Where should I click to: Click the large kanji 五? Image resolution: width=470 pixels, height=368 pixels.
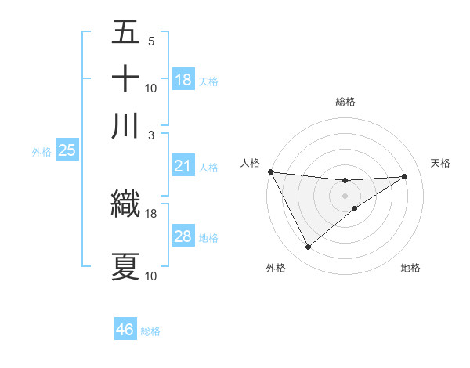[x=126, y=33]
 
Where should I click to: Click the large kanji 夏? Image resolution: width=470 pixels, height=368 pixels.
[x=126, y=267]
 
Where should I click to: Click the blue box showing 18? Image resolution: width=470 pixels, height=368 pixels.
[x=183, y=80]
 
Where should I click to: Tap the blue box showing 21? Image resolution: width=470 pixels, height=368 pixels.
[x=183, y=166]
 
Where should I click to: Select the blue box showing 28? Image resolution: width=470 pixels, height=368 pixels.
[x=183, y=236]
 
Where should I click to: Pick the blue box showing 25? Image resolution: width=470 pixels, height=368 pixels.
[x=67, y=150]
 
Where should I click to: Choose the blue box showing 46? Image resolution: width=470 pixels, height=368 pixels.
[x=125, y=330]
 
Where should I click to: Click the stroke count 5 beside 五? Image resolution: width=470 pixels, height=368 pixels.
[x=150, y=41]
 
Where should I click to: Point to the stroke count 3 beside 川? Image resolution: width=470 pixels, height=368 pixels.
[x=150, y=134]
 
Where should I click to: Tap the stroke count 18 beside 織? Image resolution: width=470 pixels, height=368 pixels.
[x=151, y=213]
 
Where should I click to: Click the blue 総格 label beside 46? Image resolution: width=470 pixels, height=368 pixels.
[x=150, y=331]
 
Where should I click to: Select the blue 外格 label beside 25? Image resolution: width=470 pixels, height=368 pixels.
[x=42, y=152]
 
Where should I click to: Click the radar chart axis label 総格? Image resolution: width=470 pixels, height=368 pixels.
[x=345, y=102]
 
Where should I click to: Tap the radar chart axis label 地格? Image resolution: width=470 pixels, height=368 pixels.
[x=410, y=268]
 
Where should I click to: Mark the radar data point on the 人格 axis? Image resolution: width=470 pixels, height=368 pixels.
[x=270, y=171]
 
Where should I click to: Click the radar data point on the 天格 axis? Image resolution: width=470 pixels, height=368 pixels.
[x=405, y=176]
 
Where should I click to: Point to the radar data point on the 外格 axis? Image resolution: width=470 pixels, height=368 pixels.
[x=308, y=247]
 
